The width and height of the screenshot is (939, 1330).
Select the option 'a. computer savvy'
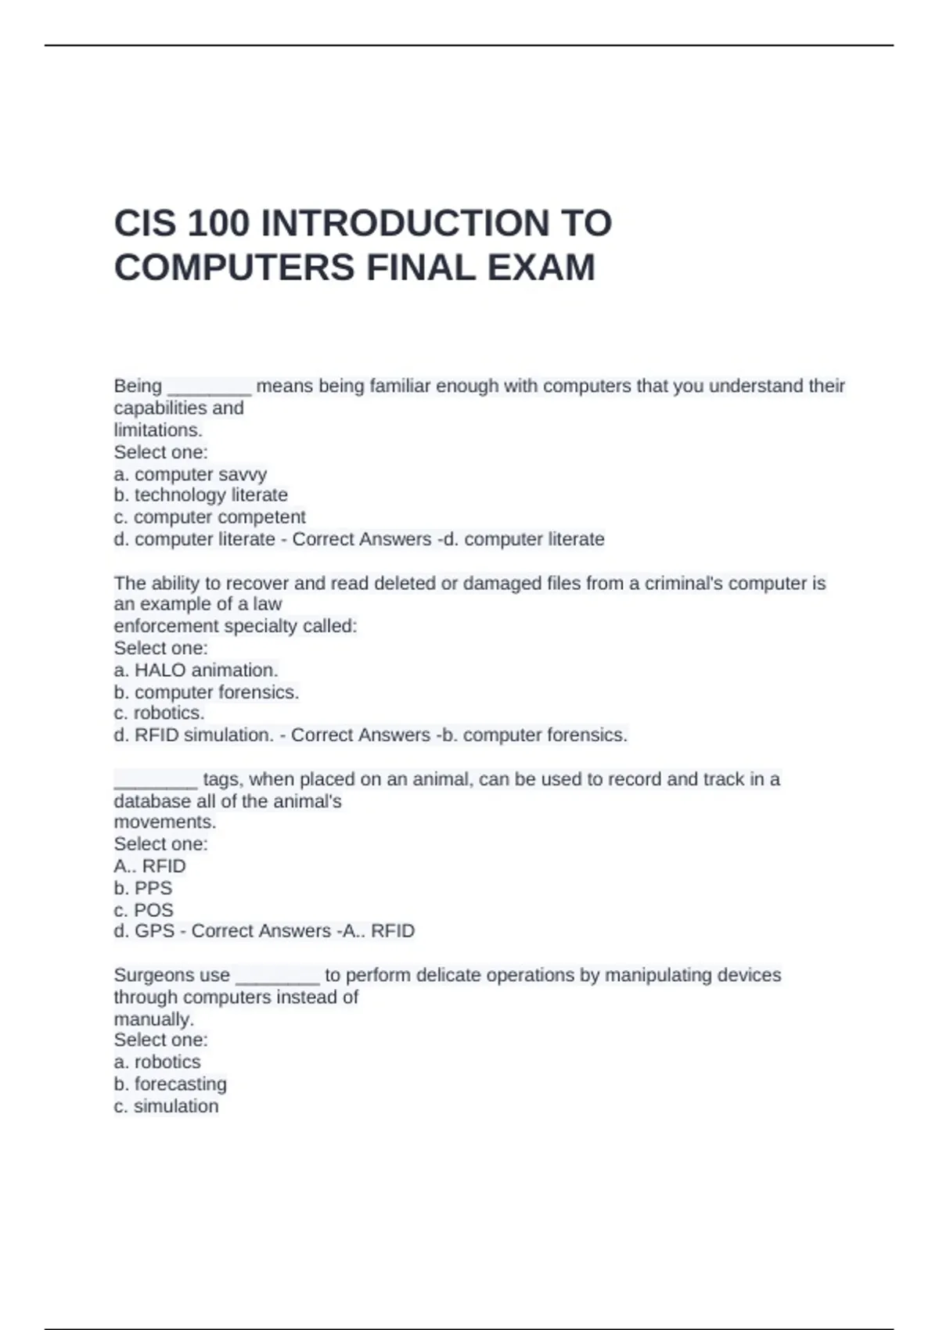click(190, 474)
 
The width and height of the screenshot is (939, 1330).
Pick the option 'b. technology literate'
click(200, 495)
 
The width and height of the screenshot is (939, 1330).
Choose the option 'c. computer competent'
click(210, 517)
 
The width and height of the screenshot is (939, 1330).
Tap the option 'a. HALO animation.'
click(196, 670)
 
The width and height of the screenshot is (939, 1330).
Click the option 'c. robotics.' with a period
click(159, 714)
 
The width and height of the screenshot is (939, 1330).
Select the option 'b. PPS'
click(142, 889)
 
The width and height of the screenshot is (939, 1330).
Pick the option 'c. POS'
click(143, 911)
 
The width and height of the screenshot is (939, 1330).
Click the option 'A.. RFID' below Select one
click(149, 866)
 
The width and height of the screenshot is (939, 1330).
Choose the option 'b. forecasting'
click(170, 1084)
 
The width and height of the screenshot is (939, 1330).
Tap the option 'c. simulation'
click(166, 1106)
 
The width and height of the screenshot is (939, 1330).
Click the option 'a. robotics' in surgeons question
click(156, 1062)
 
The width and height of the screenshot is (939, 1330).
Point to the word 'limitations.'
click(158, 430)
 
